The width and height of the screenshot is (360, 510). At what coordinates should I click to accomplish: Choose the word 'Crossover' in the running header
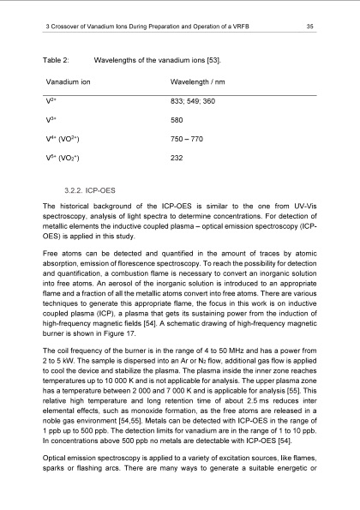coord(72,27)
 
